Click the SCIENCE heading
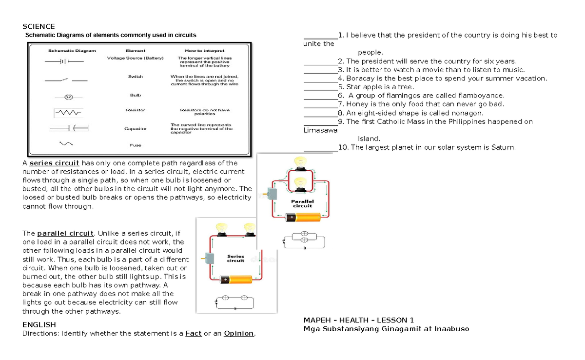39,26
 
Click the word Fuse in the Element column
135,145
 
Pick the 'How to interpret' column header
205,50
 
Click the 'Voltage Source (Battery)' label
135,58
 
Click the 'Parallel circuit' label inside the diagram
302,203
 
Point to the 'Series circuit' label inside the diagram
235,259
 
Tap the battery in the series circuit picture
236,280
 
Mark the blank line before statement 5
320,87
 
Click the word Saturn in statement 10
503,147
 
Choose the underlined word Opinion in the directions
238,334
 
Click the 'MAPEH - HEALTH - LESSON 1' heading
358,320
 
